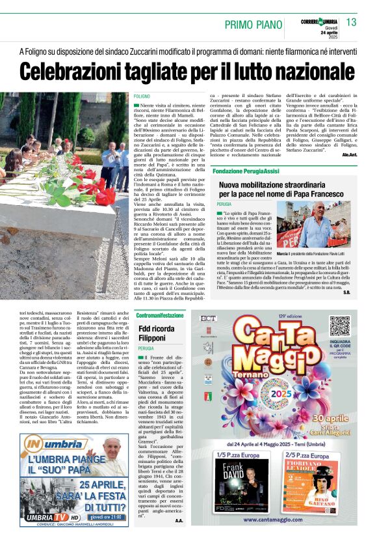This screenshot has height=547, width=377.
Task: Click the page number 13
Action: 352,22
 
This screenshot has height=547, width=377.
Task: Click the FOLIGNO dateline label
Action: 142,96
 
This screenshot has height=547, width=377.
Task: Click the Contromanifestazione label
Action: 160,315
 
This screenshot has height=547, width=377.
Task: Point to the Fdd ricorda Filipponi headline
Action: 151,333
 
